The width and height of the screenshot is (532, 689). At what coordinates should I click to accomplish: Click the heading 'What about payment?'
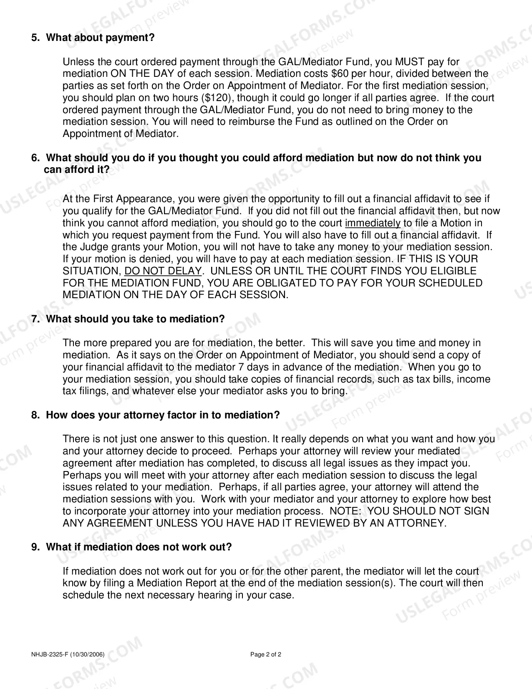(x=100, y=38)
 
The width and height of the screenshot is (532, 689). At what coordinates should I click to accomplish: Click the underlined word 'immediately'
(x=373, y=223)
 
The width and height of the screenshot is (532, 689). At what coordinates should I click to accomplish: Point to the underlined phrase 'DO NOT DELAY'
(x=163, y=271)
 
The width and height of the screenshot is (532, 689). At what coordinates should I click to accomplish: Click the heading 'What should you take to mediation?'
(x=135, y=319)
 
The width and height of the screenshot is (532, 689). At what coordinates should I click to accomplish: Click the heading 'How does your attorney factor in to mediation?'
(x=163, y=415)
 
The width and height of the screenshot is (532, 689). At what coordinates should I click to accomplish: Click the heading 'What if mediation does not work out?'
(x=139, y=547)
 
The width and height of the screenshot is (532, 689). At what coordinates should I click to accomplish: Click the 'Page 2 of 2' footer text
(x=266, y=654)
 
